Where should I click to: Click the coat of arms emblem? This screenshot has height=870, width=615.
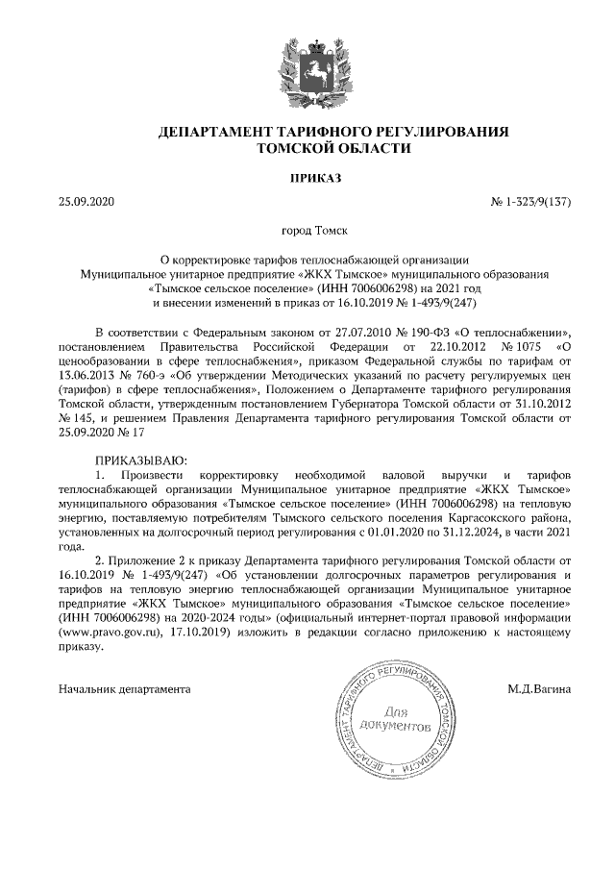[307, 66]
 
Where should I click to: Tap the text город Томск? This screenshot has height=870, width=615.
[307, 231]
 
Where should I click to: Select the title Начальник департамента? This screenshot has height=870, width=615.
[124, 688]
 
